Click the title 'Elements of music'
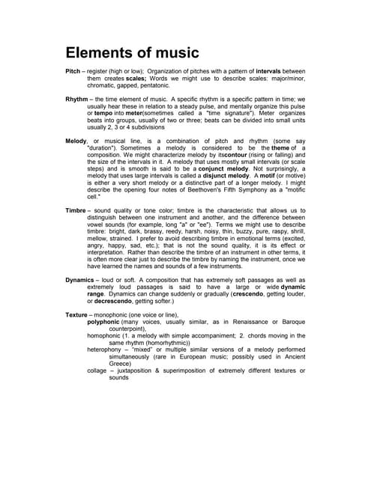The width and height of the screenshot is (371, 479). (132, 53)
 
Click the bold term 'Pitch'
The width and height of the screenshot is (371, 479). (75, 70)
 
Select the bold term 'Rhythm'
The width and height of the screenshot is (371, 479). (77, 99)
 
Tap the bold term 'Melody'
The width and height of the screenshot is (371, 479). (76, 141)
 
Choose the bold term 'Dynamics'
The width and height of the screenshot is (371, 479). (82, 279)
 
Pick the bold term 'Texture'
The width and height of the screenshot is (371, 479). (77, 316)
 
